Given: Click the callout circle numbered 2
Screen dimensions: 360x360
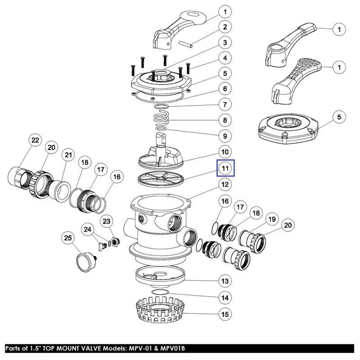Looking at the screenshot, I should coord(225,27).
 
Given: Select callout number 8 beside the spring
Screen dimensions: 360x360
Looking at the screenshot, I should coord(225,121).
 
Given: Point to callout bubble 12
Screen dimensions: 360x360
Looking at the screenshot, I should coord(225,184).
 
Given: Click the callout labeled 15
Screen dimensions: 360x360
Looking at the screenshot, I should coord(225,314).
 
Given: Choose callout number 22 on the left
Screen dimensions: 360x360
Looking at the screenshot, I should coord(34,140).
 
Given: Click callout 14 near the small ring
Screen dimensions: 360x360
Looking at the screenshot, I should coord(225,297).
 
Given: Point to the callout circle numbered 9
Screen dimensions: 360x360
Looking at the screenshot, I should coord(225,135).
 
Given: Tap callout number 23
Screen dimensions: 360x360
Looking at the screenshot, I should coord(106,221).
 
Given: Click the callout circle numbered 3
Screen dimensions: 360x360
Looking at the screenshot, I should coord(225,42).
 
